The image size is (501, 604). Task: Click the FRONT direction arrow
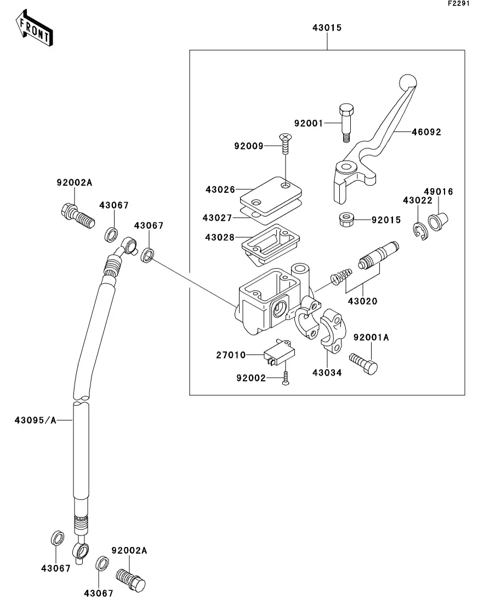[34, 28]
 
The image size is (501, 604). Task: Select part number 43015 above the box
[327, 28]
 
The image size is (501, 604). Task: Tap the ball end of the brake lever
[408, 82]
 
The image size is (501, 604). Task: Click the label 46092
[426, 132]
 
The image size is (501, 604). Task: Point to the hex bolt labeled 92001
[346, 123]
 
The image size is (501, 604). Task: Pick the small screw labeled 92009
[286, 143]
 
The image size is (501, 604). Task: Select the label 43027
[217, 218]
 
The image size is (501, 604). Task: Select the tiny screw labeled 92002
[286, 378]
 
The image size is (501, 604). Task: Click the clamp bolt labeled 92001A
[363, 364]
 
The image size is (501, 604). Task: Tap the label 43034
[327, 373]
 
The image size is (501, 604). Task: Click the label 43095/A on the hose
[36, 420]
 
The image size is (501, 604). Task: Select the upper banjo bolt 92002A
[77, 216]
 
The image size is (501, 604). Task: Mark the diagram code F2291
[459, 3]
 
